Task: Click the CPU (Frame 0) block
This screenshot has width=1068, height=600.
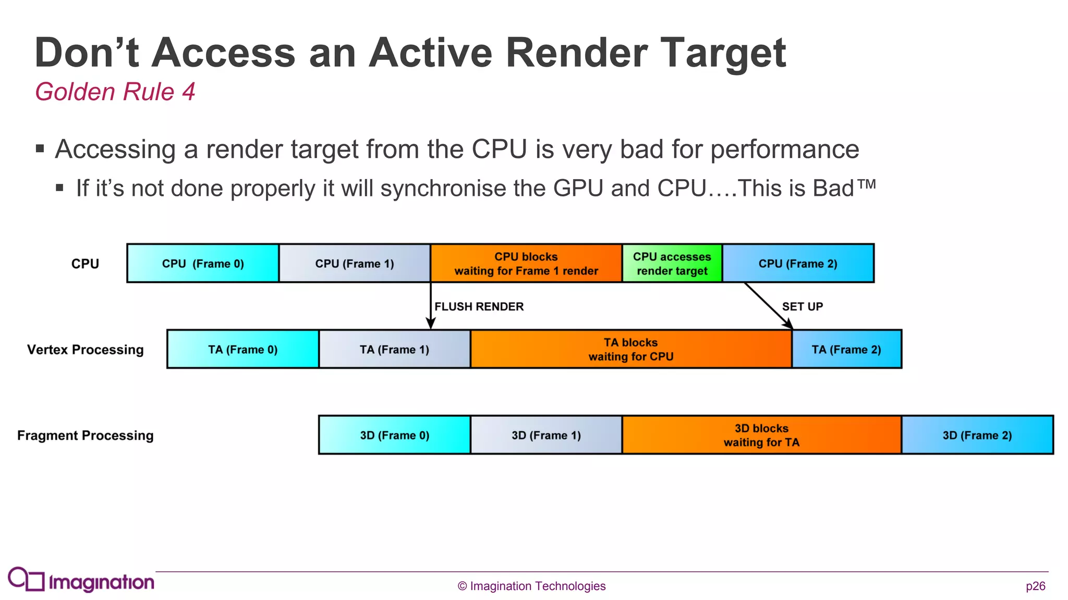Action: (203, 264)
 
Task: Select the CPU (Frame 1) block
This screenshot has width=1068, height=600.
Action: (355, 264)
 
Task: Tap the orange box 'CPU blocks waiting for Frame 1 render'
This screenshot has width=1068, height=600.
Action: (526, 264)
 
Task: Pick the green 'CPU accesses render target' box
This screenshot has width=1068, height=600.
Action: (672, 264)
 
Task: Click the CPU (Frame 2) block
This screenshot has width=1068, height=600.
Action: (798, 264)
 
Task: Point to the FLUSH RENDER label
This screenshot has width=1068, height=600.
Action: (479, 306)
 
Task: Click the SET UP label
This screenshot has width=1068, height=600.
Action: (802, 306)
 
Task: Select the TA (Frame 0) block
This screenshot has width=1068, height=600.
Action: (243, 349)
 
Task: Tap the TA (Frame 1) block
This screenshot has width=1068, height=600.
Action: (394, 349)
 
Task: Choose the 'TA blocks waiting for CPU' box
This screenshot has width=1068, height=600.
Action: (631, 349)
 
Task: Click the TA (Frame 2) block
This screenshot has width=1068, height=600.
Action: (846, 349)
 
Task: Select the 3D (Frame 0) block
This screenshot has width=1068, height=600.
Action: (394, 435)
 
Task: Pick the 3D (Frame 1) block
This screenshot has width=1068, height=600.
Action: (546, 435)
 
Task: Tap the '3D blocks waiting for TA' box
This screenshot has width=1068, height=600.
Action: (761, 435)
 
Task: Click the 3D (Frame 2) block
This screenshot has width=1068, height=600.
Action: (977, 435)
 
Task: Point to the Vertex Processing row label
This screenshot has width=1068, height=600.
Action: (85, 349)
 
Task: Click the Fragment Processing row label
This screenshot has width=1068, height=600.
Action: (85, 435)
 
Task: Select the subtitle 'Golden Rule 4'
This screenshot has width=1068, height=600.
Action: (115, 92)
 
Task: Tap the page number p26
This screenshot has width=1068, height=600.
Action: (1035, 586)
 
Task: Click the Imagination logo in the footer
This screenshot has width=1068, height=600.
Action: (81, 580)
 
